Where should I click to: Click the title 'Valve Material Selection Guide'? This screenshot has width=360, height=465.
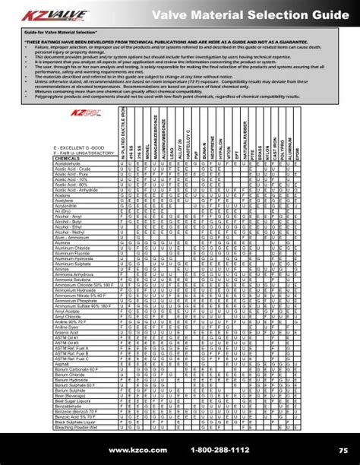[x=264, y=14]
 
